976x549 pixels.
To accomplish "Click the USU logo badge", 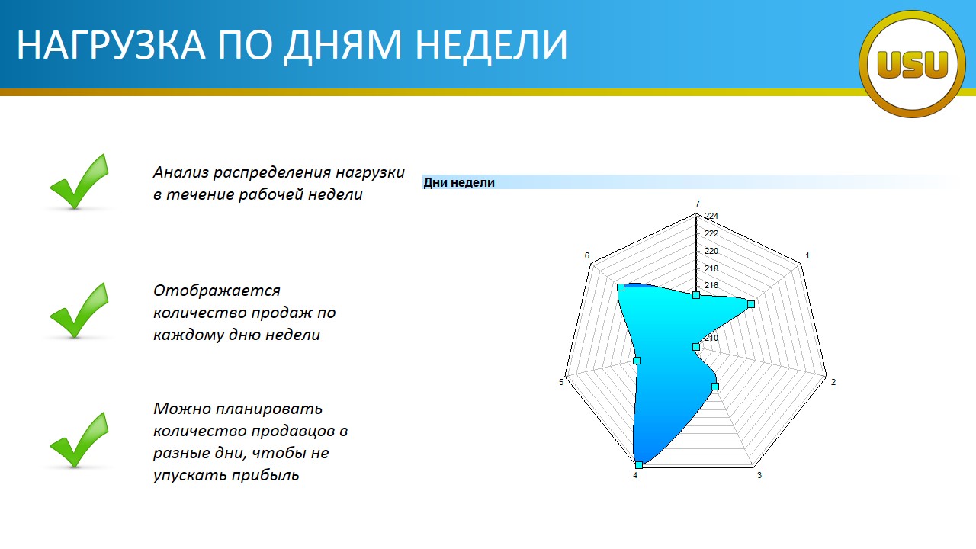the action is pos(913,64).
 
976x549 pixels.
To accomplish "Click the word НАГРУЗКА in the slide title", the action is pos(111,44).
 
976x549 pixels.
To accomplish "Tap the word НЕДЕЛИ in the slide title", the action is pos(491,45).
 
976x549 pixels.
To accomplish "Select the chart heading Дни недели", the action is pos(459,182).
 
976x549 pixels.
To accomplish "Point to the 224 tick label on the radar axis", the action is pos(711,216).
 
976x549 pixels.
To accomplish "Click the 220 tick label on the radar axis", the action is pos(711,251).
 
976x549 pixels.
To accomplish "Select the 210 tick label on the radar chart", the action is pos(711,338).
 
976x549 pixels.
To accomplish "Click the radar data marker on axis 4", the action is pos(639,465).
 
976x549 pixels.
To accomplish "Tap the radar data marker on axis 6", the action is pos(621,287).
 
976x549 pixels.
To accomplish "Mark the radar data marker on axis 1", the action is pos(751,303).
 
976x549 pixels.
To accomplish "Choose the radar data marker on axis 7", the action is pos(696,295).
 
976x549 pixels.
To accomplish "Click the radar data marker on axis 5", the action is pos(637,361).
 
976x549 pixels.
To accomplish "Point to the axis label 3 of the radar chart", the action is pos(759,475).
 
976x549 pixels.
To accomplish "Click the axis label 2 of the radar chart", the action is pos(833,382).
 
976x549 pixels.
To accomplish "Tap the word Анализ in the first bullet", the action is pos(181,172).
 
